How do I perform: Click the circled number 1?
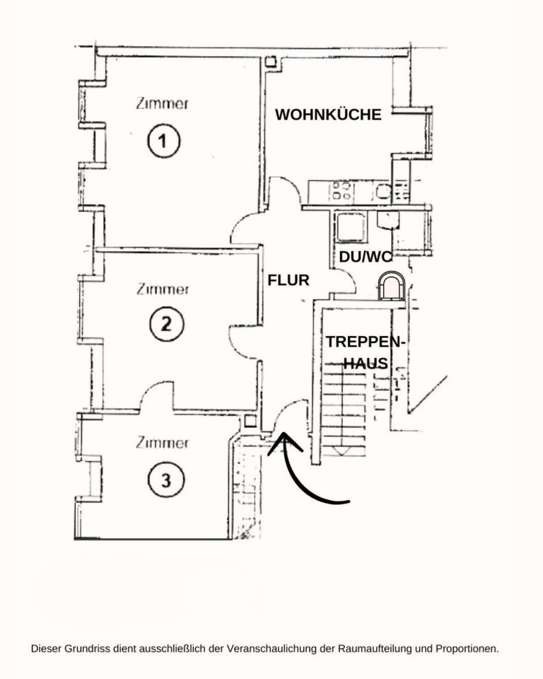tap(163, 141)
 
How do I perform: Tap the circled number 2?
tap(166, 324)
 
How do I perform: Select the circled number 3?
tap(166, 480)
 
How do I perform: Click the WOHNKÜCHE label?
tap(328, 115)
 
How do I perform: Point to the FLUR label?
tap(288, 280)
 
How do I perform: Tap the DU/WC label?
tap(365, 257)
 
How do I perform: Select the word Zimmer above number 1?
tap(162, 103)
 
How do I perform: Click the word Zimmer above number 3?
tap(162, 443)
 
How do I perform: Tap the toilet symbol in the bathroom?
tap(391, 286)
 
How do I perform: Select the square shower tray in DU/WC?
tap(351, 227)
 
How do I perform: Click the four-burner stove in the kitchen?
tap(341, 191)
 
